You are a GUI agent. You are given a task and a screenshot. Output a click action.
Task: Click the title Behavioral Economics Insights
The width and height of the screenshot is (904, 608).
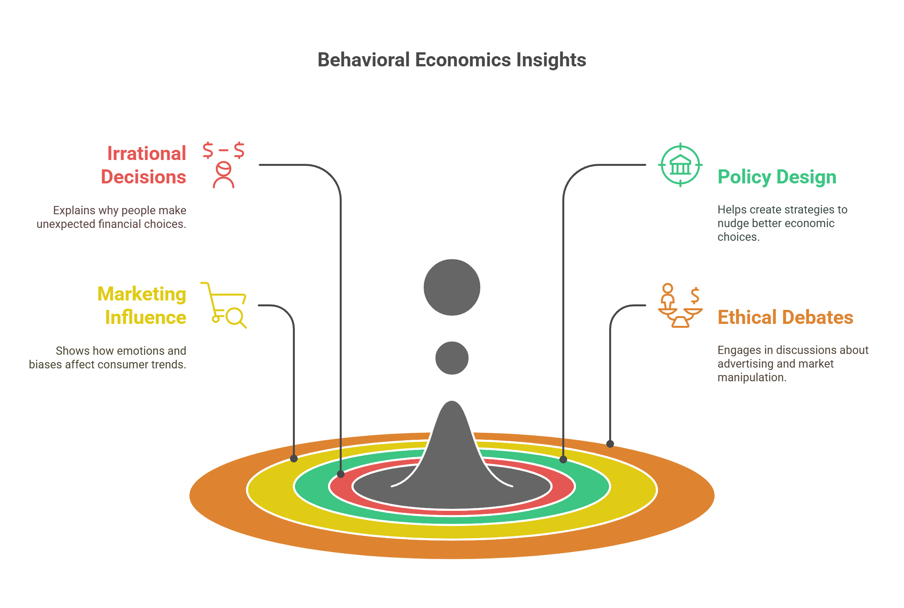click(x=452, y=60)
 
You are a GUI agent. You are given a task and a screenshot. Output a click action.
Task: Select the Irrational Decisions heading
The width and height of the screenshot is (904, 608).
click(x=144, y=165)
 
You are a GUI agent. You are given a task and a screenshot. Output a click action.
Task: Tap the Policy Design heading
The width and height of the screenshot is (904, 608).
click(x=777, y=177)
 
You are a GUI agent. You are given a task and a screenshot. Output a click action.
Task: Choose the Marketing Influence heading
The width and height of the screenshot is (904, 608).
click(x=142, y=306)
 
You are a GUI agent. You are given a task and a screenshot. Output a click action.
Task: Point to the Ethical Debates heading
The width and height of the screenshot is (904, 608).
click(x=785, y=317)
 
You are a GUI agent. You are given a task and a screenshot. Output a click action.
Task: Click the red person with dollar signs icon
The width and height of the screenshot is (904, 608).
click(x=224, y=165)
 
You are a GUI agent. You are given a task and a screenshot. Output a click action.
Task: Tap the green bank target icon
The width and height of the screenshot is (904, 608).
click(x=680, y=165)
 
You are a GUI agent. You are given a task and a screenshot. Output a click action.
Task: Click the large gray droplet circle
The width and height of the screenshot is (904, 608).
click(x=452, y=287)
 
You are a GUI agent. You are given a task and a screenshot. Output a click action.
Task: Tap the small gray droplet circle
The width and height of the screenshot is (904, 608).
click(x=452, y=358)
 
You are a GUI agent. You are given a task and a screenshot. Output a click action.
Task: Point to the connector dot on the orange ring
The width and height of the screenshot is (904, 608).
click(x=610, y=444)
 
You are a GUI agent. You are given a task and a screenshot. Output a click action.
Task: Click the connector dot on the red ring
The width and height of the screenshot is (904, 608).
click(x=341, y=474)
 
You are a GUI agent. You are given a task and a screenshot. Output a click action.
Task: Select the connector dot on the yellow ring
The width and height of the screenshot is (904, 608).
click(x=294, y=459)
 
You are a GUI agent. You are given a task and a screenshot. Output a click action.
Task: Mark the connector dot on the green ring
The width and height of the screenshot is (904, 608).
click(x=563, y=459)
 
